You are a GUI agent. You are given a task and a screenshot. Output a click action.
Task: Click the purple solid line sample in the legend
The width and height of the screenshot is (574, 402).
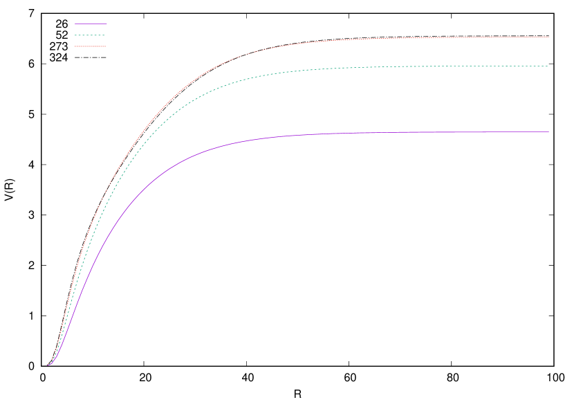coord(91,24)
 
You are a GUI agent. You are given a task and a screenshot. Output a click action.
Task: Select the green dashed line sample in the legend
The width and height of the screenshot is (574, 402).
coord(90,35)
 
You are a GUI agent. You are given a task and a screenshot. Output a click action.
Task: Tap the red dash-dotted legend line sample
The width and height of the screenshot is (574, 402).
coord(90,46)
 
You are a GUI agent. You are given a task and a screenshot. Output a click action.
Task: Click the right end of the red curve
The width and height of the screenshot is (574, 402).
coord(548,37)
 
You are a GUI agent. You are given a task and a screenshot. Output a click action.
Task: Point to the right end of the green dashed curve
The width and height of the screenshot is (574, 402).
coord(548,66)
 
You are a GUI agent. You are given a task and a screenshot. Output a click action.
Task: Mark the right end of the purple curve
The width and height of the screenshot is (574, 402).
coord(548,131)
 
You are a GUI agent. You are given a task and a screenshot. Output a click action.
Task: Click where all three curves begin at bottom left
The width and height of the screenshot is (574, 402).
coord(47,365)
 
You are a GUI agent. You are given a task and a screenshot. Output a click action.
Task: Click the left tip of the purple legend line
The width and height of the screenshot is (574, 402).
coord(75,24)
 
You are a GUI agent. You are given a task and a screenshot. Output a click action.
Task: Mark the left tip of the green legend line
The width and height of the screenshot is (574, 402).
coord(75,35)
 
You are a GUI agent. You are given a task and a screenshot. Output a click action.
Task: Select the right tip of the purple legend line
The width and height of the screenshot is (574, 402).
coord(107,24)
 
